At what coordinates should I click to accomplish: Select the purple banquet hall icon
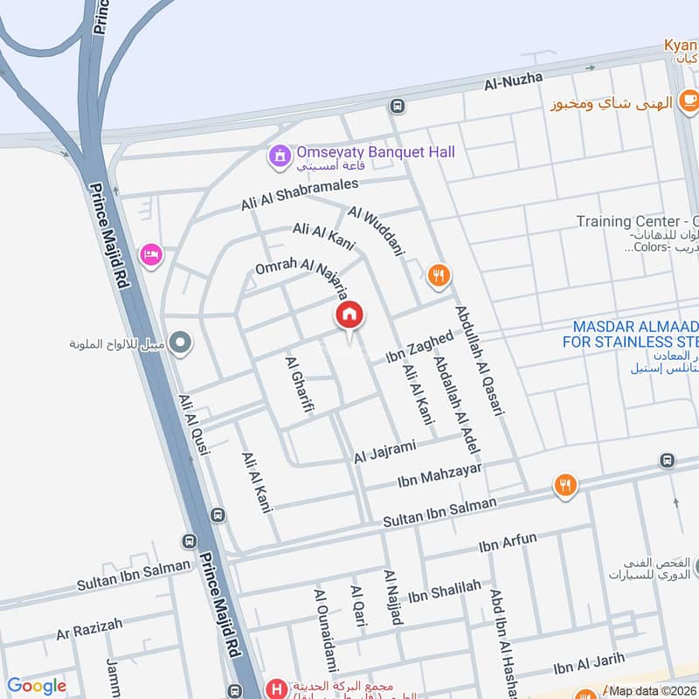(x=280, y=157)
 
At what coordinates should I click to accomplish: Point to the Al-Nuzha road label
(x=514, y=81)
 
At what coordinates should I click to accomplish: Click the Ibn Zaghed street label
(x=420, y=347)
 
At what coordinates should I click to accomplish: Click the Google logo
(x=36, y=686)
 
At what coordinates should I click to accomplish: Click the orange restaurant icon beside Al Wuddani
(x=439, y=277)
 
